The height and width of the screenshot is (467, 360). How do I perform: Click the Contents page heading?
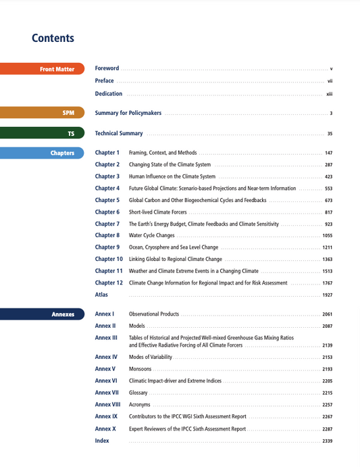coord(53,39)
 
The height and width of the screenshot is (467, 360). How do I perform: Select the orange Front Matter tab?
coord(42,69)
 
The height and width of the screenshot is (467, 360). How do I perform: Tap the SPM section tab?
coord(42,113)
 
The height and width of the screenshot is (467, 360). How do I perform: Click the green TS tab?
coord(42,134)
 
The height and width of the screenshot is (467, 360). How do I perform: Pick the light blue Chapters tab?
coord(42,153)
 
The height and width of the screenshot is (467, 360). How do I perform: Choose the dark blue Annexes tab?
coord(42,314)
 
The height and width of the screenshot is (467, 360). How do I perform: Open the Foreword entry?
coord(107,68)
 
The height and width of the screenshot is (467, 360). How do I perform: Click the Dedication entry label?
coord(109,94)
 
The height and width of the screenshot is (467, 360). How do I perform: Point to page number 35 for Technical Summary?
coord(330,134)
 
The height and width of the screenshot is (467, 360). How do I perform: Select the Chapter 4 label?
coord(107,189)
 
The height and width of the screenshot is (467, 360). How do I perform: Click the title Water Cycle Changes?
coord(151,236)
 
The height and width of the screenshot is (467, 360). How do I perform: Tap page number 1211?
coord(327,247)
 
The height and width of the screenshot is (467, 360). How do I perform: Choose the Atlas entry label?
coord(101,295)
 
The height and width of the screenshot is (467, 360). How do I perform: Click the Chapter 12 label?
coord(109,283)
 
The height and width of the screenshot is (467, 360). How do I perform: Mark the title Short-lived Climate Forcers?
coord(157,212)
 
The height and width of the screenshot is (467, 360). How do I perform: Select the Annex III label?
coord(106,337)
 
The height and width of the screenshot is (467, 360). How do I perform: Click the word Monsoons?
coord(140,369)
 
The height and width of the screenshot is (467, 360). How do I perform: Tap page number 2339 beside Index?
coord(327,441)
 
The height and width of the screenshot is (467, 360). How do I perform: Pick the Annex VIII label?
coord(107,404)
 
